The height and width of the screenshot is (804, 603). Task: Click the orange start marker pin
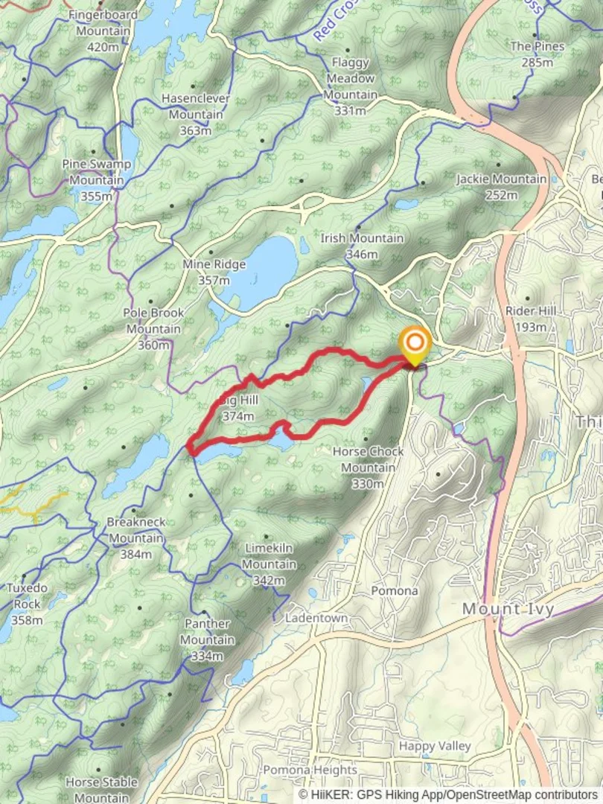(x=415, y=344)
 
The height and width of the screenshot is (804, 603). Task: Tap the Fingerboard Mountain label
(x=103, y=31)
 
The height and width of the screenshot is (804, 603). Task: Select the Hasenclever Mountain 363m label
(x=195, y=114)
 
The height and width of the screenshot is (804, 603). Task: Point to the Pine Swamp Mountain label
(x=97, y=179)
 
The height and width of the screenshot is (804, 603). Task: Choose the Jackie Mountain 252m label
(x=501, y=187)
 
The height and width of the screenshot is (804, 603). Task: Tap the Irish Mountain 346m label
(x=362, y=246)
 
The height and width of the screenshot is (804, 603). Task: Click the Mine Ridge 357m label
(x=214, y=272)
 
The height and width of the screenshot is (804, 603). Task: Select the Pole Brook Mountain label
(x=153, y=328)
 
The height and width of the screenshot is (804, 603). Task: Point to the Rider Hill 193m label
(x=530, y=319)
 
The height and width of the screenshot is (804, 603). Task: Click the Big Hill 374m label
(x=239, y=408)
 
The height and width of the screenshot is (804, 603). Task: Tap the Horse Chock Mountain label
(x=368, y=468)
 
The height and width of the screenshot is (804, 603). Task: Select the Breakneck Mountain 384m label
(x=135, y=537)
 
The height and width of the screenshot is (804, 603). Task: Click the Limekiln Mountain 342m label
(x=269, y=564)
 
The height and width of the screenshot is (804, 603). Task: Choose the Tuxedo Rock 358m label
(x=27, y=604)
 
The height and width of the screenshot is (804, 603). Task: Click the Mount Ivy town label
(x=508, y=609)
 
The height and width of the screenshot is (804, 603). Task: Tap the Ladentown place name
(x=316, y=618)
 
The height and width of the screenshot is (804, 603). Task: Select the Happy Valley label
(x=435, y=745)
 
